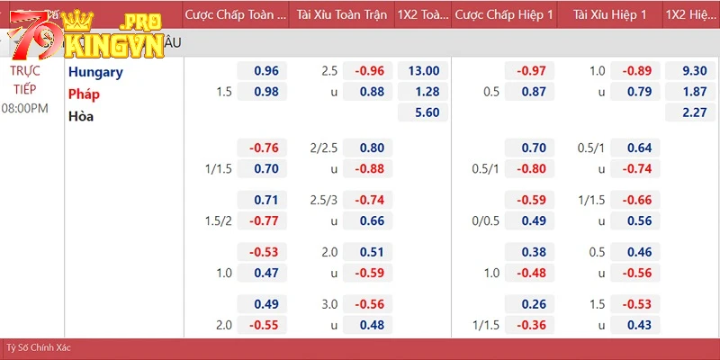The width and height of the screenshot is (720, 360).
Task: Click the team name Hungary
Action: (x=95, y=72)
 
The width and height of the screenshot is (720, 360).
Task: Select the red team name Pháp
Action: (x=84, y=94)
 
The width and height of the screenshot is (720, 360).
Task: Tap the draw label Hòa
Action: (x=81, y=115)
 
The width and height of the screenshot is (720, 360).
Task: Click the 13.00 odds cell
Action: (x=423, y=71)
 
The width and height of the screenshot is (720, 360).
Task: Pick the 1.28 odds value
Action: (x=423, y=91)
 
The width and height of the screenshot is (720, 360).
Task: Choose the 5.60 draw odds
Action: (x=423, y=112)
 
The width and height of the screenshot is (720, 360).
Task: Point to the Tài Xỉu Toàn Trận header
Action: (x=342, y=14)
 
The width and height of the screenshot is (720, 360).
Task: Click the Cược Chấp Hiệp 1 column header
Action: (x=503, y=14)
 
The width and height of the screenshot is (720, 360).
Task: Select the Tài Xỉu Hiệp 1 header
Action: (x=609, y=14)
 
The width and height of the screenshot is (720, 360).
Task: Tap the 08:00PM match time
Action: (x=25, y=108)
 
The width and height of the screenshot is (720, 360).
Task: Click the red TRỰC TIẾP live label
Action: (x=25, y=79)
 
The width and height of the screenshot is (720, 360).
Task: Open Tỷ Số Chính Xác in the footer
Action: (x=39, y=347)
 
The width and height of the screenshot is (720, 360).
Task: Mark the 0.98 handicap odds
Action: (x=265, y=91)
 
